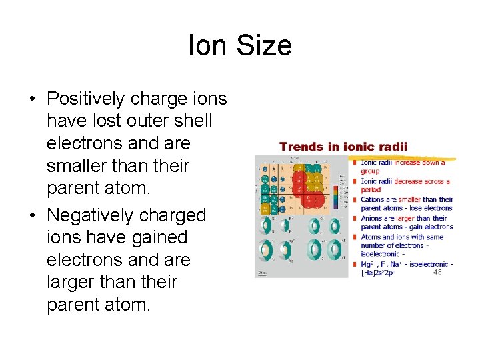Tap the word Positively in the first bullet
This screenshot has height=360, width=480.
(x=85, y=99)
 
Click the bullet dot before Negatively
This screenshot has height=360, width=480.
(x=32, y=216)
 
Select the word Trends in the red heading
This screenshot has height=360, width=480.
(x=301, y=147)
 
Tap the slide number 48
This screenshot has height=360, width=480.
(x=437, y=272)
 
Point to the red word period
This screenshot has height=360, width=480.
(x=370, y=190)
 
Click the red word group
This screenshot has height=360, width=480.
(x=369, y=171)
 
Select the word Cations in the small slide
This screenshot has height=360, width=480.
(x=373, y=199)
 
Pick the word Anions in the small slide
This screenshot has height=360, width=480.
(x=372, y=218)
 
